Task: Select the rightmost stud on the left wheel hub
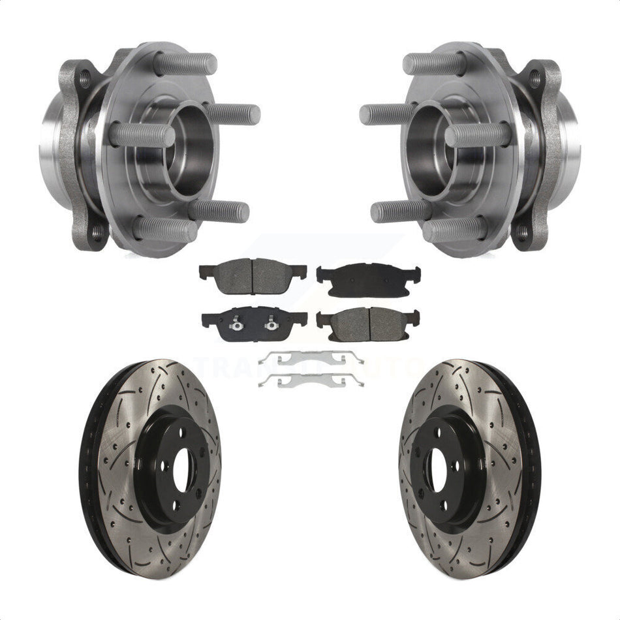click(235, 113)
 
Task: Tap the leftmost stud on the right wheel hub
click(385, 114)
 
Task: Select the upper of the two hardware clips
click(311, 358)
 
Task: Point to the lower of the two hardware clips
click(311, 380)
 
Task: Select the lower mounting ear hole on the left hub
click(96, 232)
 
